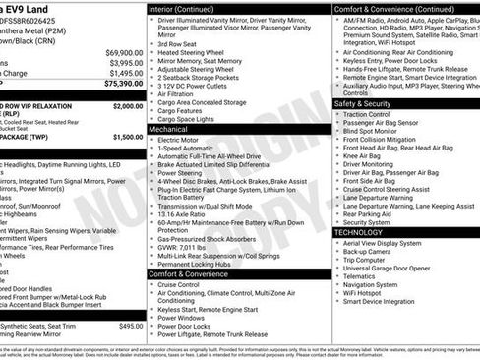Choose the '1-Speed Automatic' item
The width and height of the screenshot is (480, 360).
189,150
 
